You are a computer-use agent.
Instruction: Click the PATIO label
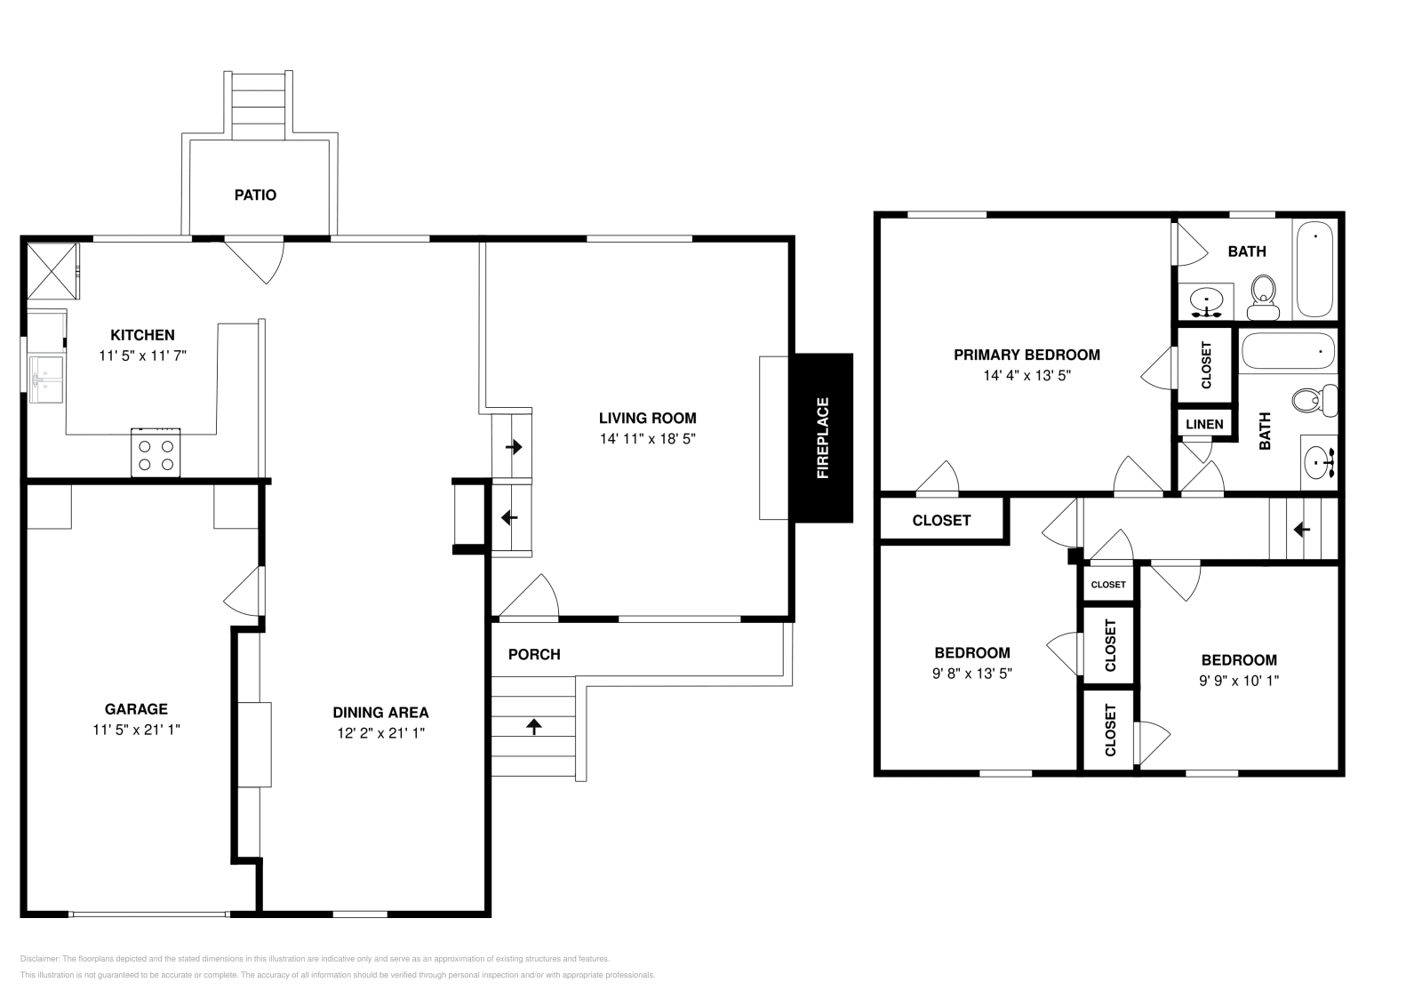(255, 195)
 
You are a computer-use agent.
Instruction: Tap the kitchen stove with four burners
(156, 452)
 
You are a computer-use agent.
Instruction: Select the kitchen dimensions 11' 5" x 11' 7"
(143, 355)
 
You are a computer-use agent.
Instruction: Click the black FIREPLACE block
(823, 438)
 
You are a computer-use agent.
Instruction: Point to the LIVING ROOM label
(648, 418)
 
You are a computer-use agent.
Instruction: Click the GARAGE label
(137, 708)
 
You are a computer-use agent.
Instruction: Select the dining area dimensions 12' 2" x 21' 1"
(381, 732)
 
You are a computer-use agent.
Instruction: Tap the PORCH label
(534, 654)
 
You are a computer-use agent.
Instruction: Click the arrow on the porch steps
(534, 726)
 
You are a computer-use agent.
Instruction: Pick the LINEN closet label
(1204, 424)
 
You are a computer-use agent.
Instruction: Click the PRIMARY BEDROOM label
(1027, 355)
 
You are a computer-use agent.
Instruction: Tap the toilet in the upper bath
(1263, 298)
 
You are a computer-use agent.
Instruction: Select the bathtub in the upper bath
(1314, 269)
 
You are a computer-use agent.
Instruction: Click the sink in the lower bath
(1319, 462)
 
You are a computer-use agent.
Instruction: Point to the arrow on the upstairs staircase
(1301, 529)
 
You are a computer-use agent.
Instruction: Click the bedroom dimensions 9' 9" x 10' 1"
(1239, 681)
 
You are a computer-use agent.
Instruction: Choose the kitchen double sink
(46, 379)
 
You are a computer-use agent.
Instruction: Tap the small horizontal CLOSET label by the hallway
(1108, 585)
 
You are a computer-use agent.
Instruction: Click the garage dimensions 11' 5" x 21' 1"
(137, 730)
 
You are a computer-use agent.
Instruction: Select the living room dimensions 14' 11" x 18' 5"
(648, 438)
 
